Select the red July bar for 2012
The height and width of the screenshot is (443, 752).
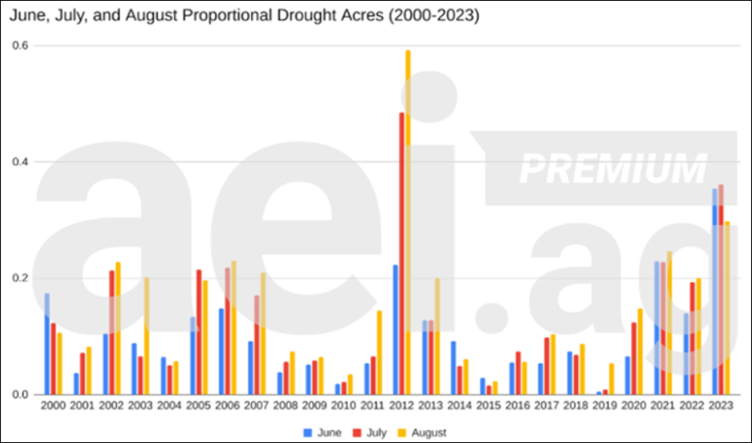click(x=401, y=253)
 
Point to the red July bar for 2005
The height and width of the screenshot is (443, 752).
click(x=199, y=332)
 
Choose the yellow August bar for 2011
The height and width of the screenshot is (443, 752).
click(x=379, y=352)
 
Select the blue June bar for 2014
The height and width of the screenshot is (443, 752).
click(x=454, y=368)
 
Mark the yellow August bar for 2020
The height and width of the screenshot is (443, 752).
click(x=639, y=351)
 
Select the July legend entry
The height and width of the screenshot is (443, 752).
click(x=372, y=432)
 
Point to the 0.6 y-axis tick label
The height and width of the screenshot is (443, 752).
click(x=18, y=46)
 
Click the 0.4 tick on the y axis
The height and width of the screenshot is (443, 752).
click(x=18, y=162)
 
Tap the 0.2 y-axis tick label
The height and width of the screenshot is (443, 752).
click(x=18, y=278)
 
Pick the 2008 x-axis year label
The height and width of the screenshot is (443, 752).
click(x=284, y=406)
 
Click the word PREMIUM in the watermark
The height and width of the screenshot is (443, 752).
click(x=613, y=168)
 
